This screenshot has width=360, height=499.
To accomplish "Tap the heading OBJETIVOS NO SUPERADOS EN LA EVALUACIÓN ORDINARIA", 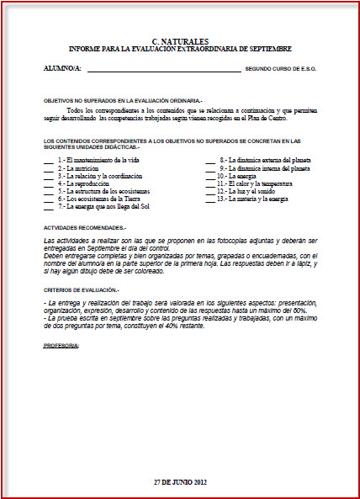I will pyautogui.click(x=123, y=100).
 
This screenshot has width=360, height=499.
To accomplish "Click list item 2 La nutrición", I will pyautogui.click(x=79, y=167).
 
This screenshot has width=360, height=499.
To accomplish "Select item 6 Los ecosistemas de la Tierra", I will pyautogui.click(x=98, y=199).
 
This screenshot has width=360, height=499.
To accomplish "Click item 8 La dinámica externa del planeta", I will pyautogui.click(x=262, y=159).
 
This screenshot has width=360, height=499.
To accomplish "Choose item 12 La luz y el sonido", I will pyautogui.click(x=249, y=191).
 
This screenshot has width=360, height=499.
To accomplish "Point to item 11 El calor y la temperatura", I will pyautogui.click(x=258, y=183).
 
